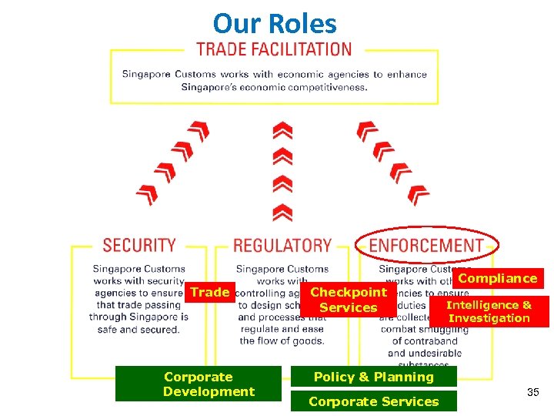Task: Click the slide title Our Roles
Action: [x=275, y=23]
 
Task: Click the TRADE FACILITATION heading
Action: [x=274, y=49]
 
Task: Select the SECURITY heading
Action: [x=139, y=245]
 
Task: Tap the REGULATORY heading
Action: [x=282, y=246]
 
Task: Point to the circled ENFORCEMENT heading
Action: [x=426, y=245]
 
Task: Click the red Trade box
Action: [x=210, y=292]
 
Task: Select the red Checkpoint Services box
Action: [x=348, y=300]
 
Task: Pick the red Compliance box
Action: [x=498, y=278]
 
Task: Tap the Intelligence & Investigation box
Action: [x=489, y=311]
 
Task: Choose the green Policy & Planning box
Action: [x=373, y=377]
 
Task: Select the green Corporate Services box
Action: [x=373, y=401]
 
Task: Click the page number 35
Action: [x=533, y=393]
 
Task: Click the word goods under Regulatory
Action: [x=307, y=341]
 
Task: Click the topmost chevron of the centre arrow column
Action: [x=282, y=129]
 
